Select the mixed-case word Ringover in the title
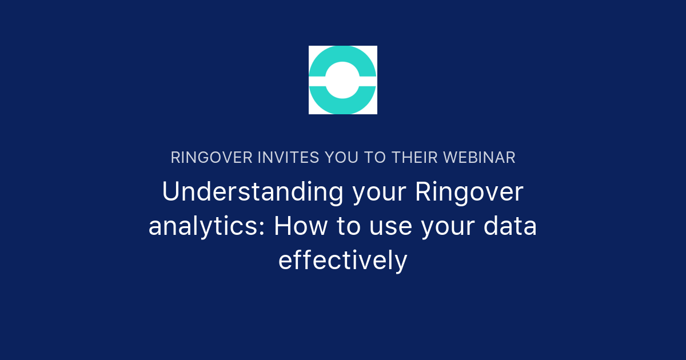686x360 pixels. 469,193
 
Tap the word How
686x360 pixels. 301,226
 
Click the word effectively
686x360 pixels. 342,261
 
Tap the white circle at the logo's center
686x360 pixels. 342,80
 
